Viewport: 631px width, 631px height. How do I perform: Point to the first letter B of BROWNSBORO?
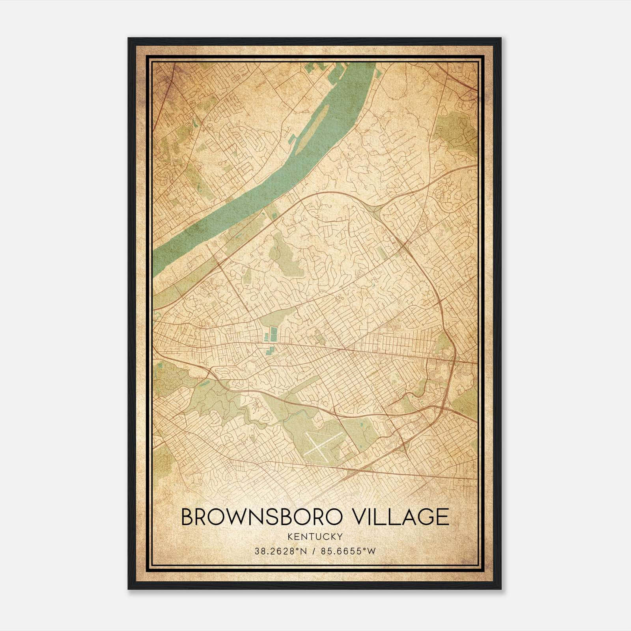(x=188, y=517)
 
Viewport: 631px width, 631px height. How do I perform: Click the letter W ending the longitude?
(x=372, y=551)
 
